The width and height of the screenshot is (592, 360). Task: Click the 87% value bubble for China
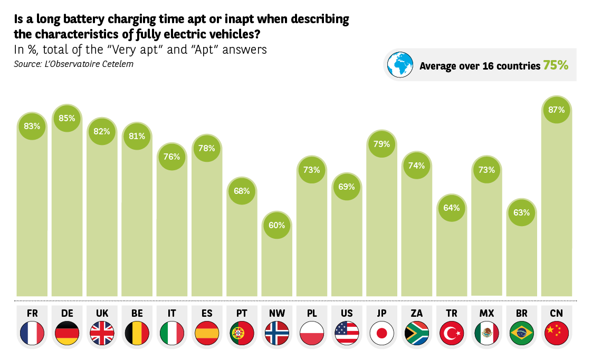[557, 110]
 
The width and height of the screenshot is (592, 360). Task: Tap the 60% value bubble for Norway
[276, 225]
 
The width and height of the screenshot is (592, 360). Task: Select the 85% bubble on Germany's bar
[67, 119]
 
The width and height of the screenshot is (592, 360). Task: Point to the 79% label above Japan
[381, 144]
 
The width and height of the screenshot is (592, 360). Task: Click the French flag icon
[32, 333]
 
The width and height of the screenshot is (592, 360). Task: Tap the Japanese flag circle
[381, 333]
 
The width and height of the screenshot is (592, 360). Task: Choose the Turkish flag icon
[452, 333]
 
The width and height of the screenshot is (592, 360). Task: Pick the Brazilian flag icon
[521, 333]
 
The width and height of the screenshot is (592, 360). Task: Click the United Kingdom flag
[102, 333]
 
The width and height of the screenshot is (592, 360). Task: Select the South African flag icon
[416, 333]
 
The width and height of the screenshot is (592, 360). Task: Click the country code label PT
[242, 313]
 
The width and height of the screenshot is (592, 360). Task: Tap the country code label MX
[486, 313]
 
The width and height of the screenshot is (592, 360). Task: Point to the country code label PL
[312, 313]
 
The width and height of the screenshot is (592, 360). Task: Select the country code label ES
[207, 313]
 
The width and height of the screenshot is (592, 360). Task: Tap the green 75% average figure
[556, 65]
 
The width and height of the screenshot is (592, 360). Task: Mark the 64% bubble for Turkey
[452, 208]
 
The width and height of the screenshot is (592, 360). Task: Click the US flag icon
[347, 333]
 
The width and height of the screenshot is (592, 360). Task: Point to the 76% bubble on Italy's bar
[172, 157]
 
